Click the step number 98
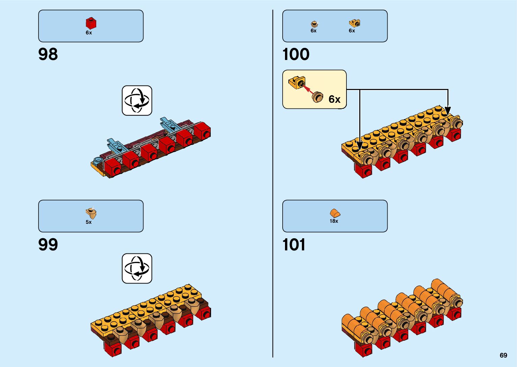pyautogui.click(x=48, y=54)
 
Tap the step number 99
pyautogui.click(x=48, y=245)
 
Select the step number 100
pyautogui.click(x=296, y=54)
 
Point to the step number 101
pyautogui.click(x=294, y=245)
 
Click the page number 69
pyautogui.click(x=503, y=355)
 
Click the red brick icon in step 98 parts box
pyautogui.click(x=91, y=23)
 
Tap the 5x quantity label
pyautogui.click(x=88, y=222)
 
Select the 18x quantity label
pyautogui.click(x=334, y=221)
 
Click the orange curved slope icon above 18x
pyautogui.click(x=335, y=213)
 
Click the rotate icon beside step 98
pyautogui.click(x=137, y=100)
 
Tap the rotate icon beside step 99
pyautogui.click(x=137, y=269)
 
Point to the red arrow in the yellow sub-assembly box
pyautogui.click(x=307, y=89)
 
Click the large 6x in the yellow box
pyautogui.click(x=334, y=99)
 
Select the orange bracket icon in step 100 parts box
pyautogui.click(x=354, y=23)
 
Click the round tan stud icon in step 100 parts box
pyautogui.click(x=314, y=24)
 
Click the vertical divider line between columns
pyautogui.click(x=273, y=183)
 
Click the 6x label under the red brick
pyautogui.click(x=88, y=33)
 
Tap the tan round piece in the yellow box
pyautogui.click(x=317, y=97)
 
